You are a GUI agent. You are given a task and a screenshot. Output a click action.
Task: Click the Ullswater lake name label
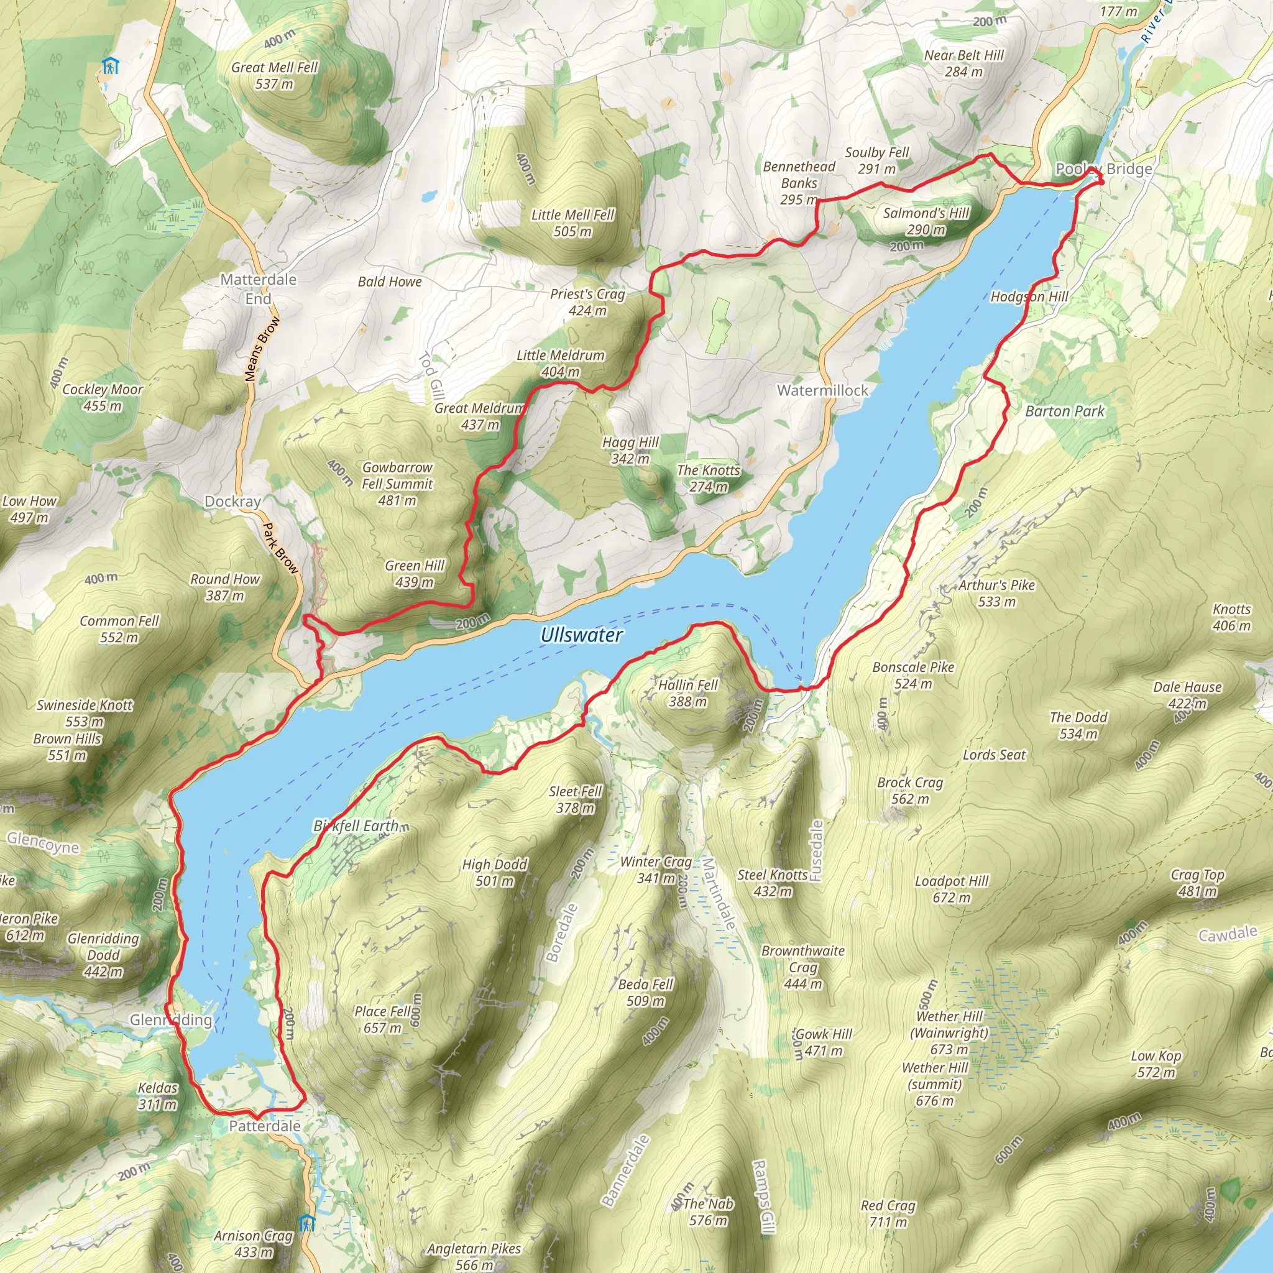tap(581, 635)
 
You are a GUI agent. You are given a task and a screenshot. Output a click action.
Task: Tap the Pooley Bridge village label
tap(1104, 168)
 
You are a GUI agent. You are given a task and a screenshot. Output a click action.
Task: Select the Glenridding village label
tap(171, 1020)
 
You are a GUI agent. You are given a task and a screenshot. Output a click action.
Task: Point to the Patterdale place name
tap(265, 1126)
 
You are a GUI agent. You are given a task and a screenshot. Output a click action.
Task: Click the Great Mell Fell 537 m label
tap(274, 76)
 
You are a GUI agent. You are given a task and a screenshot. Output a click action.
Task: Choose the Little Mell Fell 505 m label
tap(572, 223)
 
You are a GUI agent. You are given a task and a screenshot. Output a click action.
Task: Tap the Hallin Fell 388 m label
tap(688, 693)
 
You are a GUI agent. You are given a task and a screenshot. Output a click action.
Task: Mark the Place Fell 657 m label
tap(382, 1019)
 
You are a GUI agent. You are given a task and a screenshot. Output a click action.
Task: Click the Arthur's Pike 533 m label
tap(996, 593)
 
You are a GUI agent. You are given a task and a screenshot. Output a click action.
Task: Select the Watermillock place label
tap(822, 390)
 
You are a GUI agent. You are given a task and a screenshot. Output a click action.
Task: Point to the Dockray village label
tap(232, 502)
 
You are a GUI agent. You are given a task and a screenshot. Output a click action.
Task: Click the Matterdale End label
tap(259, 288)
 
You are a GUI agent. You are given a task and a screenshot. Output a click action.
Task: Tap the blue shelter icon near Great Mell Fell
tap(110, 66)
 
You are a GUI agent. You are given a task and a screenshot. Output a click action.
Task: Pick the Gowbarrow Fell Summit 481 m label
tap(397, 484)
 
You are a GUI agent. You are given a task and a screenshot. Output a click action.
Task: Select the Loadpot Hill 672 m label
tap(952, 889)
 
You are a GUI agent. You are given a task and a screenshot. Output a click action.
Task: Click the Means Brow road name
tap(262, 349)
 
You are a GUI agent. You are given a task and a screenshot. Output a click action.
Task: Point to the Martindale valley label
tap(718, 893)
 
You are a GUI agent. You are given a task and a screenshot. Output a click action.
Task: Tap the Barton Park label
tap(1064, 411)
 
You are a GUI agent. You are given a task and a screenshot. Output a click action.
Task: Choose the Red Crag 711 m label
tap(888, 1214)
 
